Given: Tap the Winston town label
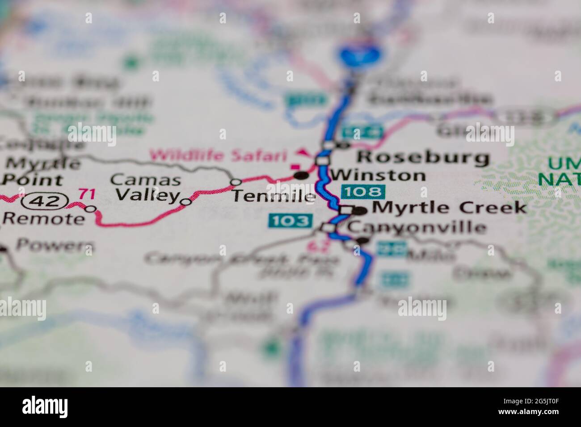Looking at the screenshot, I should tap(378, 175).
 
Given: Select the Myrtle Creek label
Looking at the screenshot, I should tap(449, 207).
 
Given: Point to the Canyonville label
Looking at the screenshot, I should tap(417, 227).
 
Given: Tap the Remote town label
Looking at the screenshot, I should tap(43, 219).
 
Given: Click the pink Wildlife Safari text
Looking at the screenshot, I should tap(218, 156).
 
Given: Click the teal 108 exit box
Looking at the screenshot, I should tap(362, 192).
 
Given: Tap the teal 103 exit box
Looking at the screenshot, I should tap(289, 221).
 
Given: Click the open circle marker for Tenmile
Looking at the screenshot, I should tap(236, 182).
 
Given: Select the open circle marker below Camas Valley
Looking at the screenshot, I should tap(186, 202).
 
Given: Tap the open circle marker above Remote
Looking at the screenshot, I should tap(91, 209).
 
